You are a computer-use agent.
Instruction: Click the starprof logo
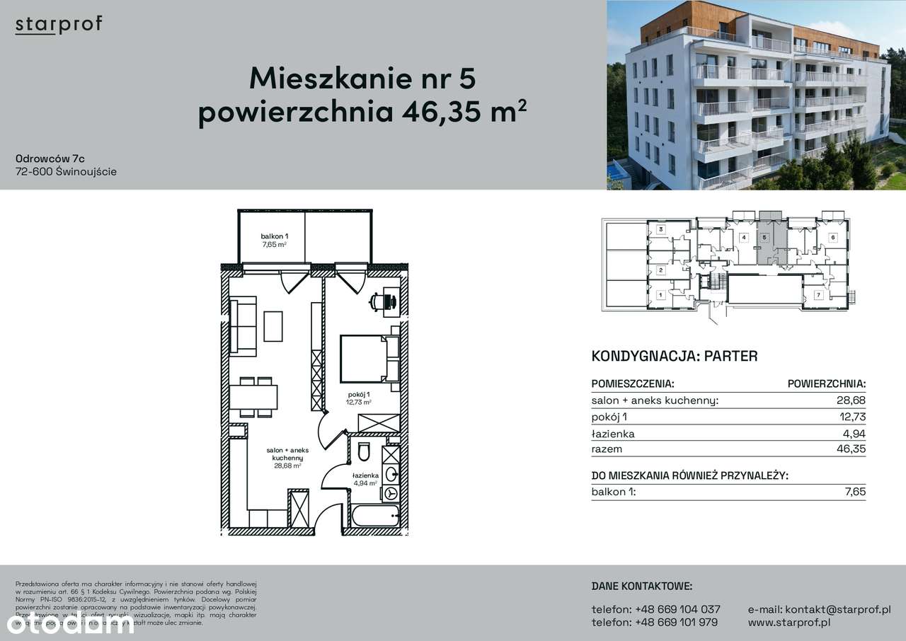click(59, 25)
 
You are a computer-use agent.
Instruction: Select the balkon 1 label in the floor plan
click(273, 239)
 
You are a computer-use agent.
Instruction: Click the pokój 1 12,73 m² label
click(359, 398)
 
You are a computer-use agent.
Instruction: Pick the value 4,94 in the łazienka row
click(854, 434)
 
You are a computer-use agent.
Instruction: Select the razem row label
click(607, 449)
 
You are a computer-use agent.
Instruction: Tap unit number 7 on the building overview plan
click(818, 294)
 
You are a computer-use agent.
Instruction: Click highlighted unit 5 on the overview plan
click(764, 238)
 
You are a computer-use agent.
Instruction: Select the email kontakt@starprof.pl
click(819, 609)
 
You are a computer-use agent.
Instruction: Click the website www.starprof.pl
click(789, 623)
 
